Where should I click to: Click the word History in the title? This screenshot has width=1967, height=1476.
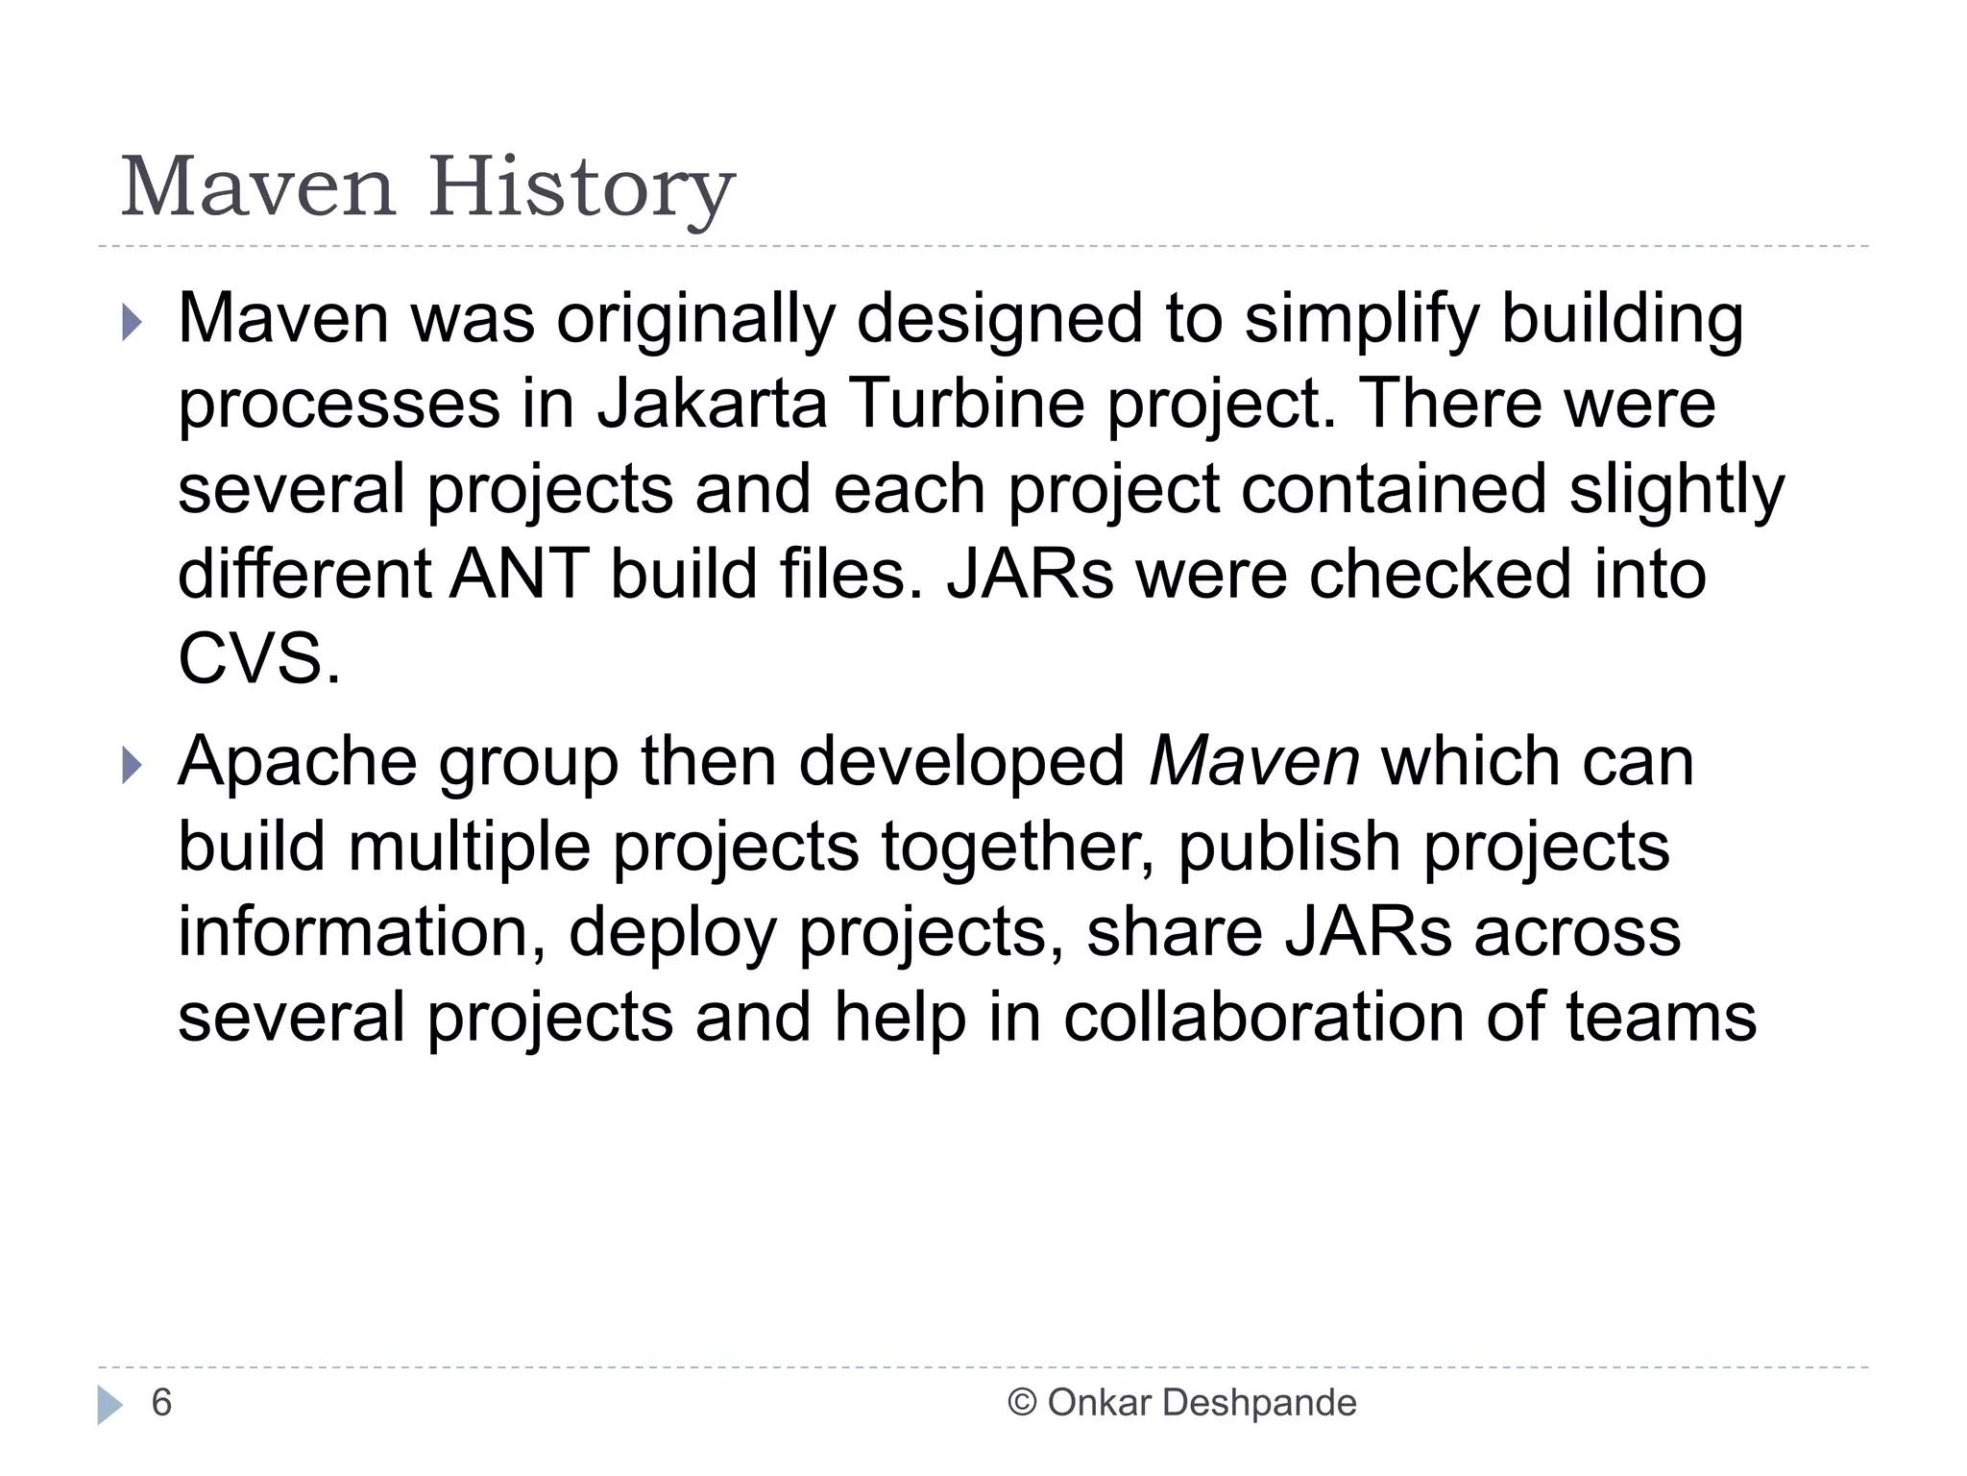(582, 188)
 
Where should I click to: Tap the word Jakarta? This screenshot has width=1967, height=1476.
(712, 404)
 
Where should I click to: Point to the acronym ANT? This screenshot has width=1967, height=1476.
(519, 575)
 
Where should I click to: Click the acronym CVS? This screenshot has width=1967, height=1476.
(258, 659)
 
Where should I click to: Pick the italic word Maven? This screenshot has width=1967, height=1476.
(1254, 762)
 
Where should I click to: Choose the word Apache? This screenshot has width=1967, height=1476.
(298, 762)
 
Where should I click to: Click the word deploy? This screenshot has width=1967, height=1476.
(672, 933)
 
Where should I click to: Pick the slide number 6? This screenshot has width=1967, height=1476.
(161, 1403)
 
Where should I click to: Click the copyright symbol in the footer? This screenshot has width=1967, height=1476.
(1022, 1403)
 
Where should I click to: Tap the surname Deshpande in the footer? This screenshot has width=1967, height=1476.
(1259, 1403)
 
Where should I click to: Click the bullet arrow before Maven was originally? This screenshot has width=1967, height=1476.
(133, 323)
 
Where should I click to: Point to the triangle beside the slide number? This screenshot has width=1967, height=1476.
(109, 1405)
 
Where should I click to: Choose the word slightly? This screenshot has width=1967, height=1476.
(1676, 490)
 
